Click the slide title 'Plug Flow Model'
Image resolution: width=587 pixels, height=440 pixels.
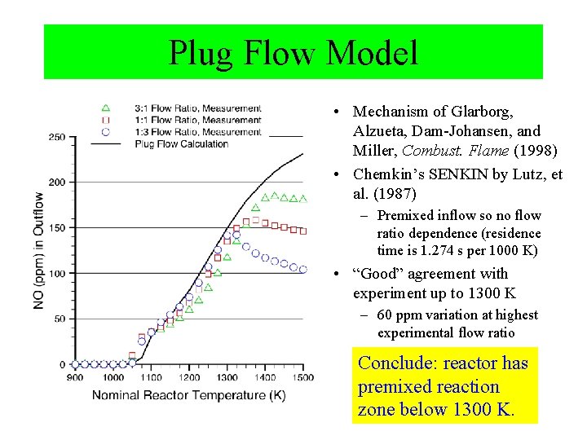293,53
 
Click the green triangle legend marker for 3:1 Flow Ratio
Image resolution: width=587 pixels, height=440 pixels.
104,108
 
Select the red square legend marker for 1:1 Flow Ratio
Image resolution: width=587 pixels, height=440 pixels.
104,120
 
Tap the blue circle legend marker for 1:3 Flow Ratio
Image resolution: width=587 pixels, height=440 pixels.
104,131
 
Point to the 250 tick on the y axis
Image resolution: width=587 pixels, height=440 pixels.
56,137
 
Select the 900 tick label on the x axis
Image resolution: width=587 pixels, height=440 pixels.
74,377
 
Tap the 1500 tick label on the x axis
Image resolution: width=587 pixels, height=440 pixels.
303,377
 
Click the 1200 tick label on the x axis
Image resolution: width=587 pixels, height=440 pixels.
188,377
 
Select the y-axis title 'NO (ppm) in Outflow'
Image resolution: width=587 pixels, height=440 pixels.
38,250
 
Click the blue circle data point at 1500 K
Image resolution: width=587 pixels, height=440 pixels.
303,269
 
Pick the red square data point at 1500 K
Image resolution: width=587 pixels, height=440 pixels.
303,231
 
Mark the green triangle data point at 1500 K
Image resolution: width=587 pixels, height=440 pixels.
303,198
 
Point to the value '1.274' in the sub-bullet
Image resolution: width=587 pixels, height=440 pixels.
435,250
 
